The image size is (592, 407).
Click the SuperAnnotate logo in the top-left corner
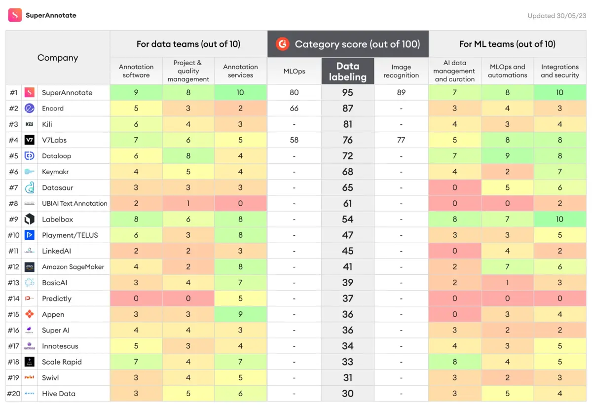pyautogui.click(x=15, y=15)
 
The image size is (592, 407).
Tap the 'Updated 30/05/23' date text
pyautogui.click(x=556, y=16)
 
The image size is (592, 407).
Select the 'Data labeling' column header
pyautogui.click(x=347, y=71)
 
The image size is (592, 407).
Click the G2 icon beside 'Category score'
pyautogui.click(x=282, y=44)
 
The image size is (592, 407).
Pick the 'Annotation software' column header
pyautogui.click(x=136, y=71)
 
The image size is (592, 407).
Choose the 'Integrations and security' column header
pyautogui.click(x=559, y=71)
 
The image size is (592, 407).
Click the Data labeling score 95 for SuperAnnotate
pyautogui.click(x=347, y=92)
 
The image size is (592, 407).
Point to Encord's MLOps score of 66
pyautogui.click(x=294, y=109)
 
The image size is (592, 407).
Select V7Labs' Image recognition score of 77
pyautogui.click(x=401, y=140)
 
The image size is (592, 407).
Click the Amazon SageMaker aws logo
pyautogui.click(x=30, y=267)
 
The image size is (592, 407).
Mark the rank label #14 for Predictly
pyautogui.click(x=13, y=298)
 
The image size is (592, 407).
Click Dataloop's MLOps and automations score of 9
pyautogui.click(x=507, y=156)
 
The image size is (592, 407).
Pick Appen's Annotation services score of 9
pyautogui.click(x=240, y=314)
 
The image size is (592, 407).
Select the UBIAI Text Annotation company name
pyautogui.click(x=74, y=203)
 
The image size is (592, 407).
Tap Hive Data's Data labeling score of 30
pyautogui.click(x=347, y=394)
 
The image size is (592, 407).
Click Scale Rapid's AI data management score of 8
pyautogui.click(x=454, y=362)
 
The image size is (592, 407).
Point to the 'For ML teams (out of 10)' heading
pyautogui.click(x=507, y=44)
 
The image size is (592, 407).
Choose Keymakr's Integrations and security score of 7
pyautogui.click(x=559, y=172)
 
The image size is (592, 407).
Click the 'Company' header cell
pyautogui.click(x=58, y=58)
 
